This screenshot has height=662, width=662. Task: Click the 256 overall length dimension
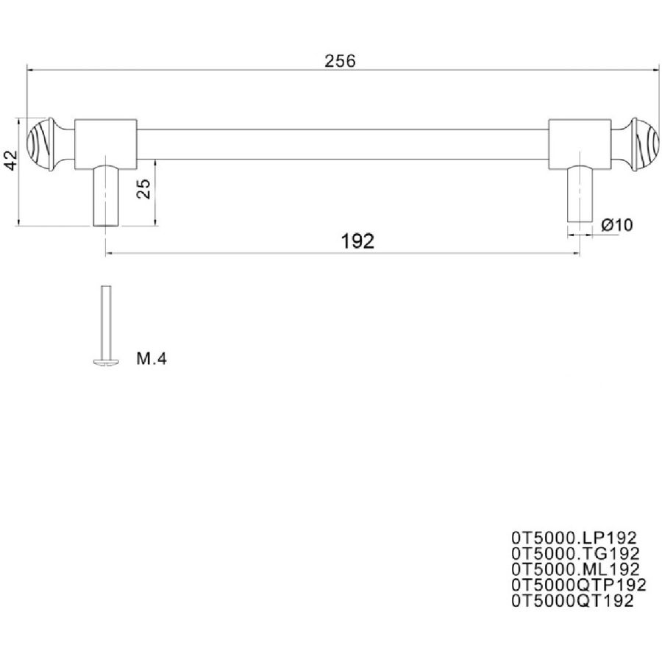click(340, 61)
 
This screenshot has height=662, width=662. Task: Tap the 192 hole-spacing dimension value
click(357, 241)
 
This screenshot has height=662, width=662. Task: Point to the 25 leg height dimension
click(144, 189)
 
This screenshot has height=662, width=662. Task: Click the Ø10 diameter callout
click(617, 225)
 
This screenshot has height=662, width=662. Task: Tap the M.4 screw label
click(152, 359)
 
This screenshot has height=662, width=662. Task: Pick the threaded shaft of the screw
click(106, 321)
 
